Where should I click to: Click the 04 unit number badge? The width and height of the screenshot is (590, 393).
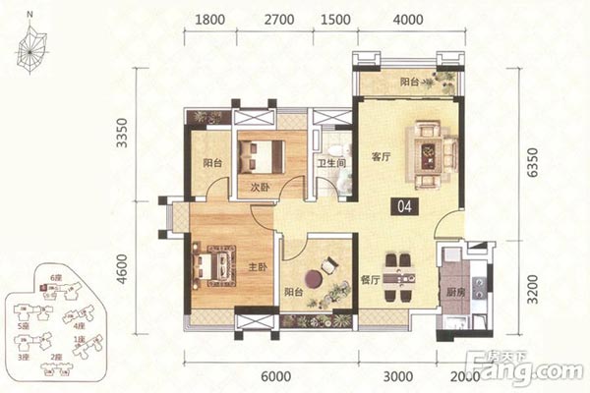click(403, 207)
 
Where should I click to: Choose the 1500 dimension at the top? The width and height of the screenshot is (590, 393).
click(335, 19)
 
